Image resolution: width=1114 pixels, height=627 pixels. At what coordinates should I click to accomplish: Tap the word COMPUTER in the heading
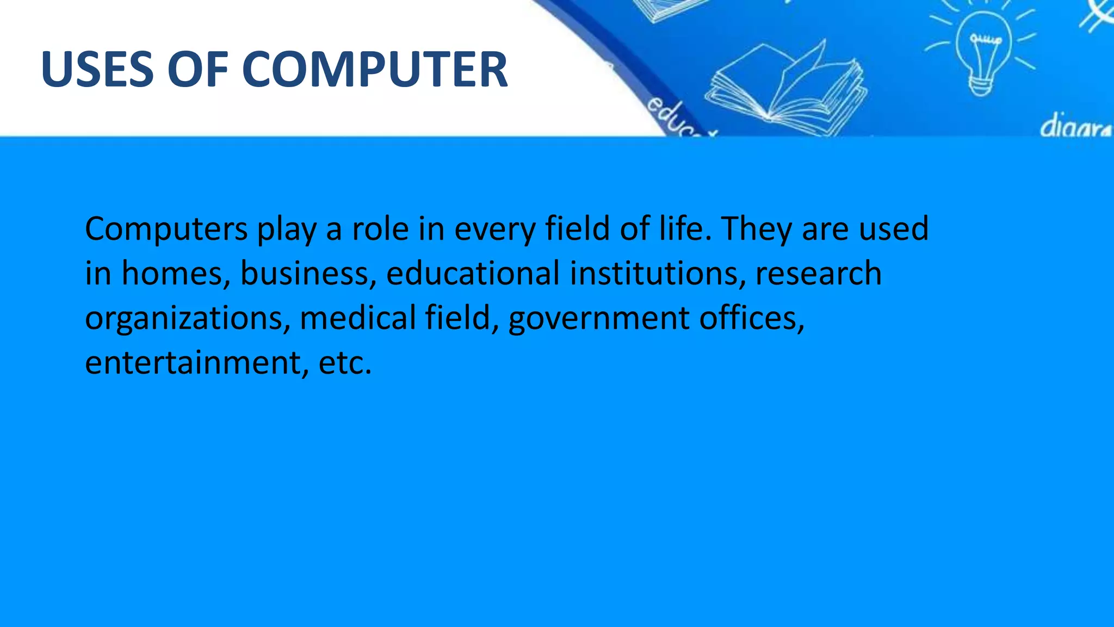click(375, 69)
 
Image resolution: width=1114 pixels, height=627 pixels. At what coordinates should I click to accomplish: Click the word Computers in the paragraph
click(166, 229)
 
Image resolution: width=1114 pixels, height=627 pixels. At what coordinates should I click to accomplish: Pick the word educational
click(473, 273)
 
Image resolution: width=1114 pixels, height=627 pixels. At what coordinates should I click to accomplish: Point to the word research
click(818, 273)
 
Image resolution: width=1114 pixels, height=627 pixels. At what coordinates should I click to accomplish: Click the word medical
click(357, 318)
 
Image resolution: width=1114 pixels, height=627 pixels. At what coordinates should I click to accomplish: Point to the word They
click(757, 229)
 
